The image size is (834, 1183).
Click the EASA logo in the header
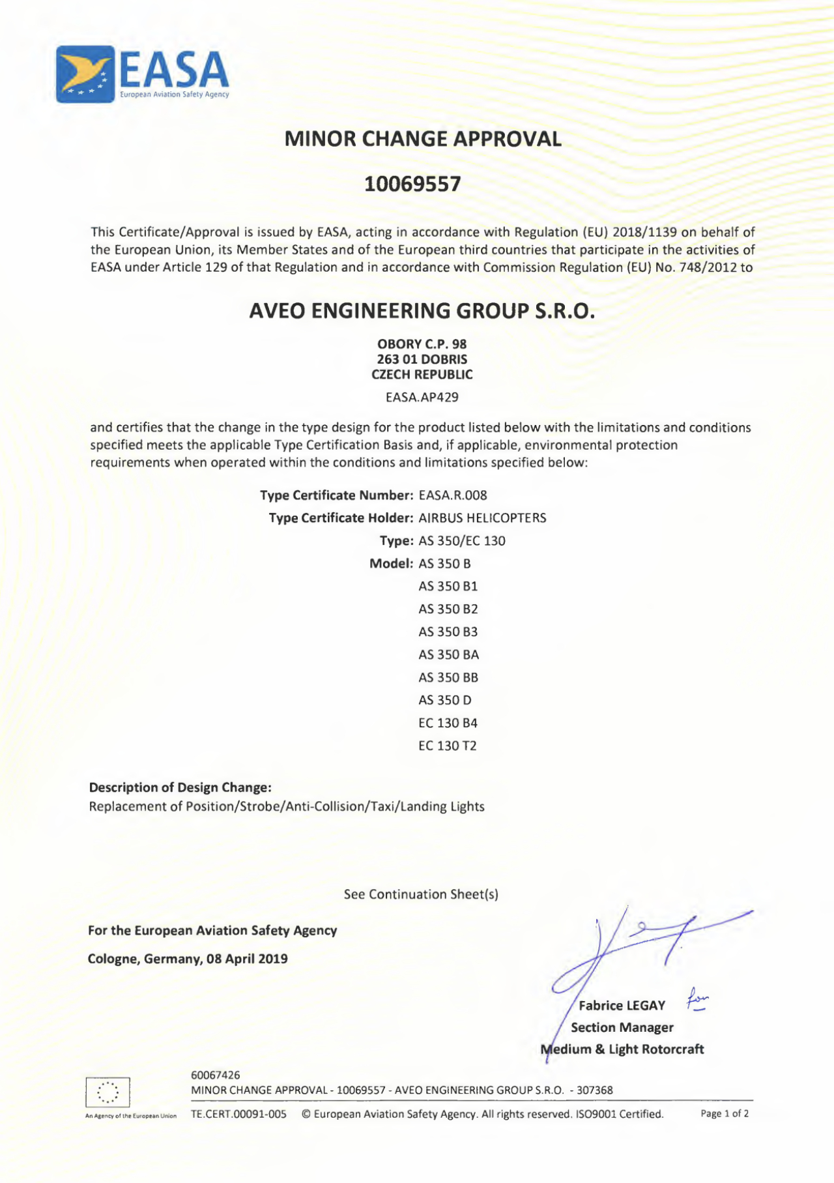(142, 74)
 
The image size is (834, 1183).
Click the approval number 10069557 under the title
(412, 184)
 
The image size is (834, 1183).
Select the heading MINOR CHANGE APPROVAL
(423, 139)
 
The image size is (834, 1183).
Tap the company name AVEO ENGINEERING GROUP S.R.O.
(422, 311)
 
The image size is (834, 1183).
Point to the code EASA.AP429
(422, 397)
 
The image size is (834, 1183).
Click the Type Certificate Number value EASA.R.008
(453, 495)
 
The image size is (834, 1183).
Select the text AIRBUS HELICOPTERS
(482, 518)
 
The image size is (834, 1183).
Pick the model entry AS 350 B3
(448, 632)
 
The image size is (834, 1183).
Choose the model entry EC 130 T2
(447, 746)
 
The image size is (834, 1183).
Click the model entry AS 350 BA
(448, 654)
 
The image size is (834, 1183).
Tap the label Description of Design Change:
(180, 787)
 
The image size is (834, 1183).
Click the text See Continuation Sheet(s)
(421, 894)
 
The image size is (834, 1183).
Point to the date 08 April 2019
(247, 959)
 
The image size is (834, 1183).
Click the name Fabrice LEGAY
(622, 1006)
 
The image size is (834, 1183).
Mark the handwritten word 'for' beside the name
(697, 999)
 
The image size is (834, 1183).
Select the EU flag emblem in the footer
(108, 1092)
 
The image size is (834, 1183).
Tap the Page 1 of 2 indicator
(724, 1114)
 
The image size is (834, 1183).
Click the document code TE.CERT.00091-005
(238, 1114)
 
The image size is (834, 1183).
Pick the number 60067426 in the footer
(215, 1075)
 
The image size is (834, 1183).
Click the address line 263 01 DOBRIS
(422, 359)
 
